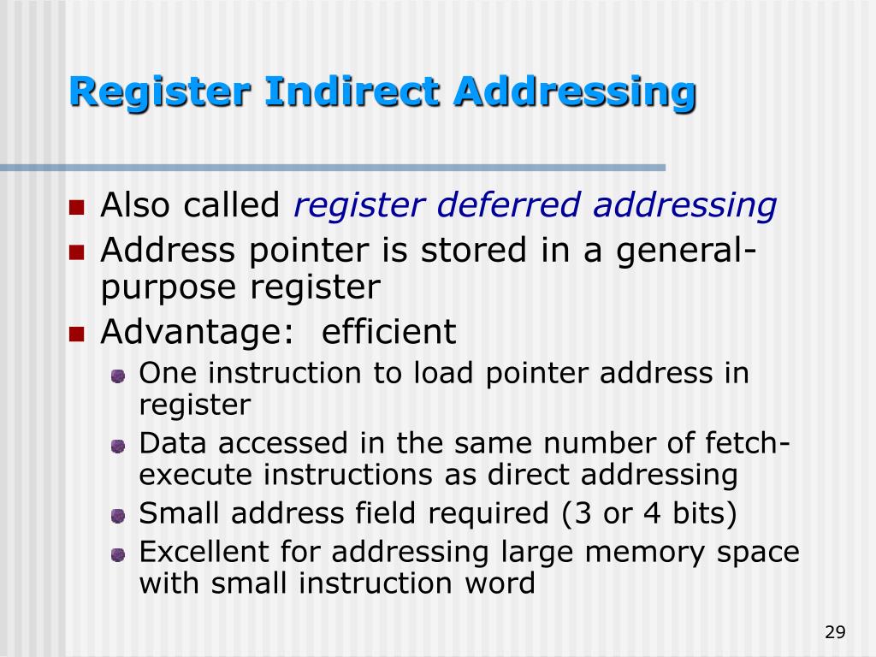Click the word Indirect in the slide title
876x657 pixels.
pos(354,92)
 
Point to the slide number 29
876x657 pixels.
pos(835,632)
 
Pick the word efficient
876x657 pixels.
pos(389,332)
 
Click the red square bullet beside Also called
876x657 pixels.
pos(77,207)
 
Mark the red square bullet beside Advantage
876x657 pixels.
pos(77,334)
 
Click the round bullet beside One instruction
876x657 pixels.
pos(119,375)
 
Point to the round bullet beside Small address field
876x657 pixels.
pos(119,516)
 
